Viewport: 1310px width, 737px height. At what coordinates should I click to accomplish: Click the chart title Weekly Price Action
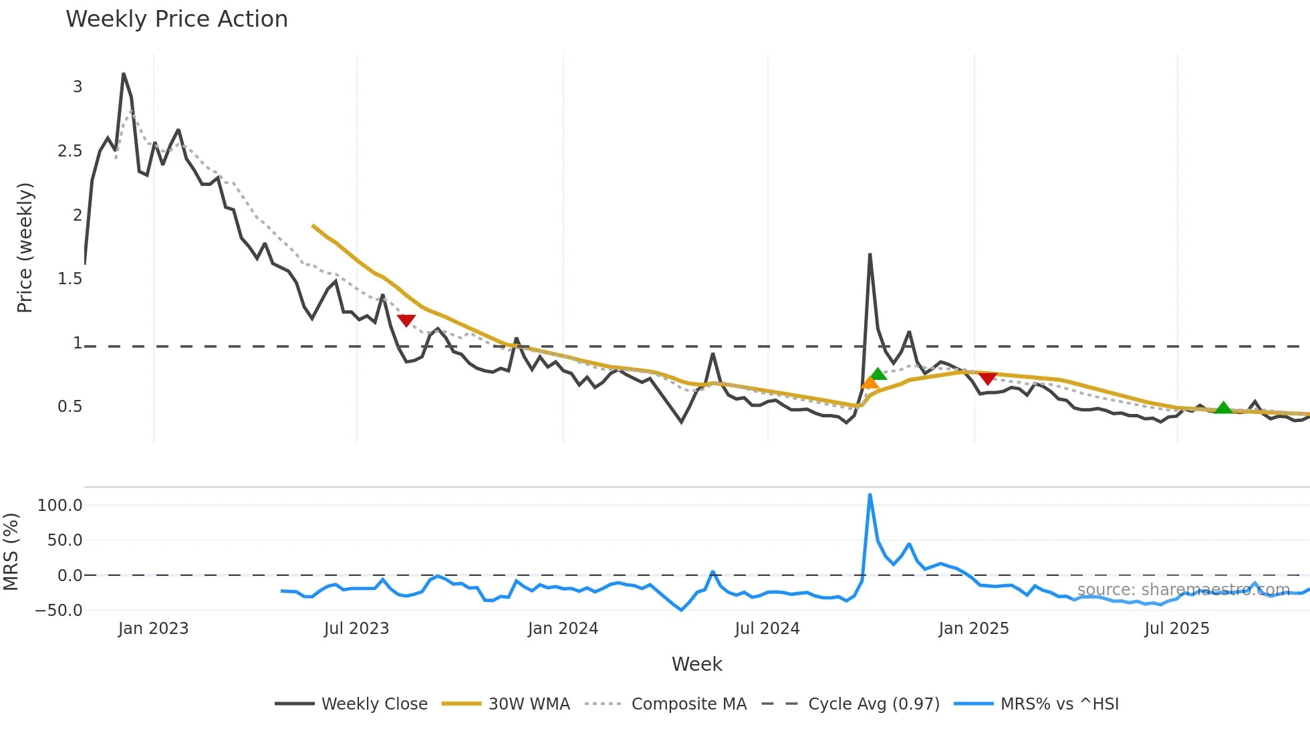(x=176, y=19)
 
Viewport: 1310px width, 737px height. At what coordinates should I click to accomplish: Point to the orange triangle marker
(x=870, y=383)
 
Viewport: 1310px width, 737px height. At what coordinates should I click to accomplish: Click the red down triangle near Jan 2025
(x=987, y=379)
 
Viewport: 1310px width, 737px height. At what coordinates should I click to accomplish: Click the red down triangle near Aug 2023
(x=406, y=320)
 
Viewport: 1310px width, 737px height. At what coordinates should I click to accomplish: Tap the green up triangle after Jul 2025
(x=1223, y=407)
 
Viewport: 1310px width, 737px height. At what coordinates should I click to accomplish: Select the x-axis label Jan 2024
(x=563, y=629)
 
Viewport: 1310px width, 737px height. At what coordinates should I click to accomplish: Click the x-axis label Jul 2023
(x=356, y=629)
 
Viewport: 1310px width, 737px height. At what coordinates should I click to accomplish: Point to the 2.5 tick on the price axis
(x=70, y=151)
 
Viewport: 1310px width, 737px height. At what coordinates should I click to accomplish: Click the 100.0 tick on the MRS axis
(x=60, y=506)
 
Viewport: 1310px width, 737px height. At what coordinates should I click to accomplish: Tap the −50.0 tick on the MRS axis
(x=59, y=611)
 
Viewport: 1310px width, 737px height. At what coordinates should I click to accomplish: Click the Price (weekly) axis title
(x=25, y=247)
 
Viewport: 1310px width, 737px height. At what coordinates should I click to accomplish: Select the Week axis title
(x=696, y=664)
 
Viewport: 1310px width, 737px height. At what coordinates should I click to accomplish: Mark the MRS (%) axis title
(x=11, y=552)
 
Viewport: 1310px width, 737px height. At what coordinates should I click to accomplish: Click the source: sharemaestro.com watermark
(x=1183, y=590)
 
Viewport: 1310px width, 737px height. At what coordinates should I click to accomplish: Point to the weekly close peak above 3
(x=124, y=74)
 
